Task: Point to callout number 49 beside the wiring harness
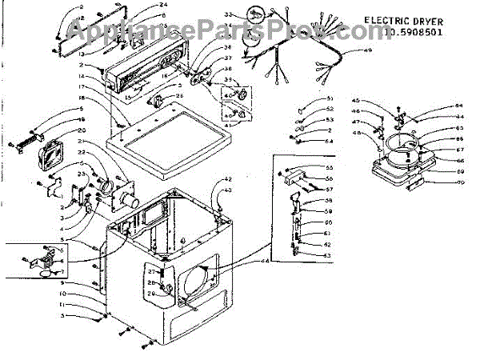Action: click(x=368, y=51)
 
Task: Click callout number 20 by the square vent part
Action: click(x=82, y=130)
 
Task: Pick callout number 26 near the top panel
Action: click(x=178, y=97)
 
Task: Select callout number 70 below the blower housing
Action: click(x=460, y=182)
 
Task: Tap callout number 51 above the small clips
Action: click(x=330, y=98)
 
